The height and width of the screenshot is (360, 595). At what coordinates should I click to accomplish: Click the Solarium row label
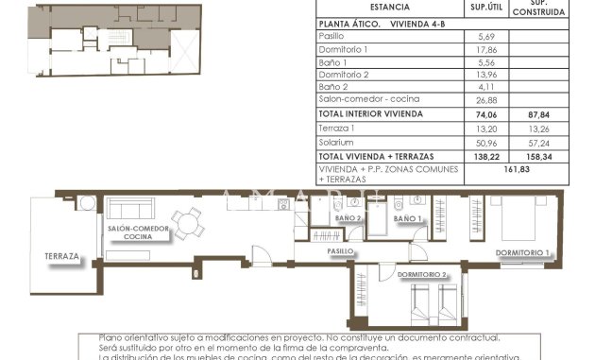(x=337, y=142)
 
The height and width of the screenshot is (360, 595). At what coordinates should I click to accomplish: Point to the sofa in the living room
(x=130, y=209)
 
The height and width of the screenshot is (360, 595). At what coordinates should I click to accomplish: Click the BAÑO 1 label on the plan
(x=407, y=219)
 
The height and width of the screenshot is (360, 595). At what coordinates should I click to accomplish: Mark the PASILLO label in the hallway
(x=340, y=251)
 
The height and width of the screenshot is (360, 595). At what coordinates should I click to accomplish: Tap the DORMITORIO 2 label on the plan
(x=422, y=274)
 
